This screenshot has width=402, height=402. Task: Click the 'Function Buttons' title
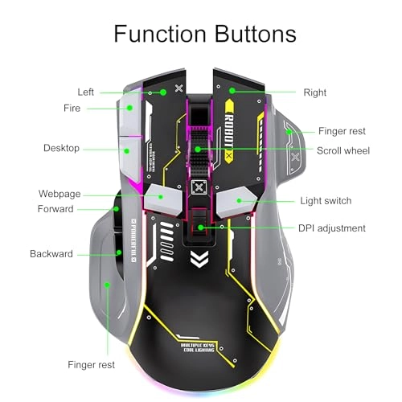pyautogui.click(x=205, y=34)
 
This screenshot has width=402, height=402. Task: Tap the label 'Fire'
pyautogui.click(x=72, y=108)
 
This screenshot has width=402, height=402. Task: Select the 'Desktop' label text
pyautogui.click(x=61, y=149)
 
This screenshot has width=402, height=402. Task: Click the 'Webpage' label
pyautogui.click(x=59, y=194)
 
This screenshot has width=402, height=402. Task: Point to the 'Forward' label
pyautogui.click(x=55, y=209)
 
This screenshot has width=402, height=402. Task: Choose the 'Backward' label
pyautogui.click(x=51, y=254)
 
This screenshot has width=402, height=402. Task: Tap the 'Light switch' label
pyautogui.click(x=326, y=200)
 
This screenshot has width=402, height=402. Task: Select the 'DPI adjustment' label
pyautogui.click(x=332, y=228)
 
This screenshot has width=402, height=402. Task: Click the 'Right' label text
pyautogui.click(x=315, y=92)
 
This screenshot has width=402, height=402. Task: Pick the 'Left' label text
pyautogui.click(x=86, y=92)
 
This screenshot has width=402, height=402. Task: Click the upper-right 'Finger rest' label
pyautogui.click(x=342, y=129)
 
